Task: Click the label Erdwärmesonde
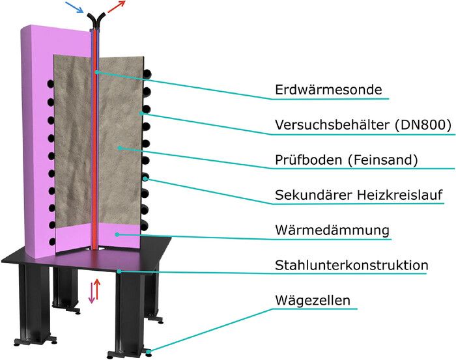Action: (328, 89)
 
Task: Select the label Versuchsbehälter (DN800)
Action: (363, 125)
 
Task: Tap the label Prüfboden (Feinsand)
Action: (346, 160)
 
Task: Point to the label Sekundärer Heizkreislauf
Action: (359, 195)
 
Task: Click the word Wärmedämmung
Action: (332, 230)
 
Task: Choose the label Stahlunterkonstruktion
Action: (351, 265)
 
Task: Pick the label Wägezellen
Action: (313, 301)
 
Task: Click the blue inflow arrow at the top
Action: (74, 7)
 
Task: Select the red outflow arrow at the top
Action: (117, 7)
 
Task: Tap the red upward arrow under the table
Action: (97, 290)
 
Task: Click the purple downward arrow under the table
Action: (92, 294)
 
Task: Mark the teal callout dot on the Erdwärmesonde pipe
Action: (97, 72)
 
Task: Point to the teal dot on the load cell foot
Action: (149, 352)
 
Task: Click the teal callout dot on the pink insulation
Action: (117, 234)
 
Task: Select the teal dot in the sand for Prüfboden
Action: (119, 148)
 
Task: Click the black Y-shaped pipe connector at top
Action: (96, 20)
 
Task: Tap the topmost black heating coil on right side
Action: (147, 74)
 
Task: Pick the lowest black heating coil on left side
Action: (52, 242)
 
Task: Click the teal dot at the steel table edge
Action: (119, 271)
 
